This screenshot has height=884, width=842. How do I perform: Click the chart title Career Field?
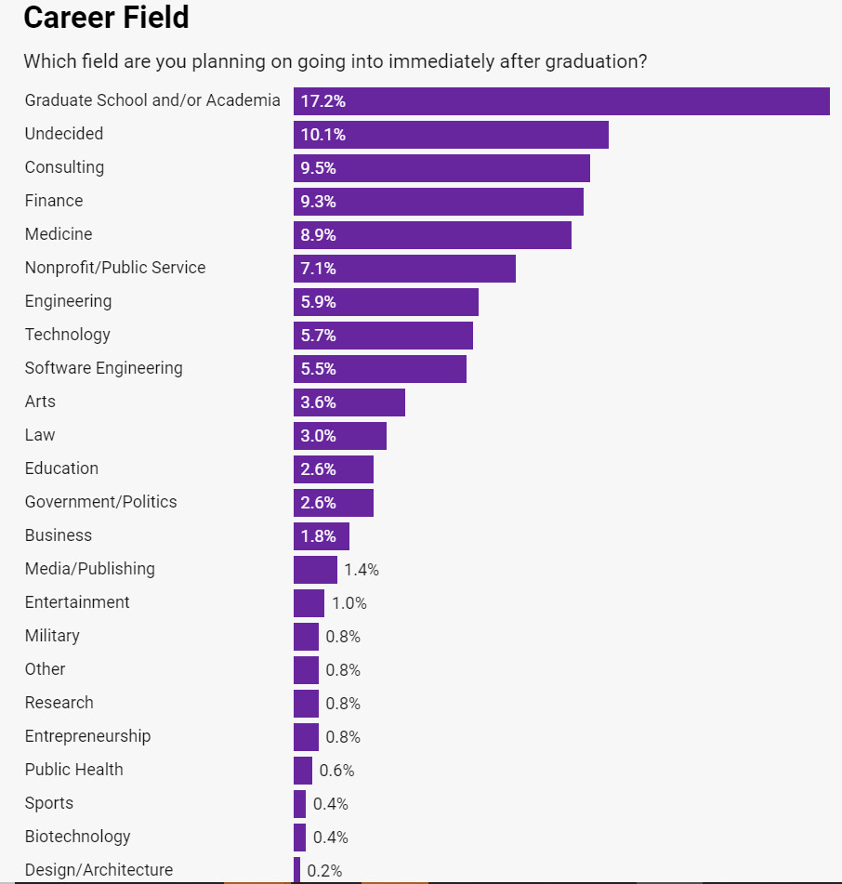pos(106,17)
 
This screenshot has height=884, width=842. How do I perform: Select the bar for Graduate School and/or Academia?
pos(561,101)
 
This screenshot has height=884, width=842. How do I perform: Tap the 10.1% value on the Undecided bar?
pos(322,135)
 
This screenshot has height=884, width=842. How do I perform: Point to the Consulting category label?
pos(64,167)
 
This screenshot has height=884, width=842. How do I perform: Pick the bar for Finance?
pos(439,202)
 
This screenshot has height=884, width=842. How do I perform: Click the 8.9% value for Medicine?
pos(318,235)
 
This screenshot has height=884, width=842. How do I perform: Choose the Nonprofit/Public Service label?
pos(115,268)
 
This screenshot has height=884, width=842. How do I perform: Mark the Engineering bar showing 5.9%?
pos(386,302)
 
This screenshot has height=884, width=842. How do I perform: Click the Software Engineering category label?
pos(104,368)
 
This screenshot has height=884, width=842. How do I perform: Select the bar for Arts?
pos(349,402)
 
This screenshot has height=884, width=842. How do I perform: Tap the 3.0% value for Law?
pos(318,436)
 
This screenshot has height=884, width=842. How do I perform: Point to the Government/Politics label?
pos(100,502)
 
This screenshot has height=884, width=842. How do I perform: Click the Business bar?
pos(322,536)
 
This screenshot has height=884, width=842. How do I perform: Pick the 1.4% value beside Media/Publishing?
pos(362,570)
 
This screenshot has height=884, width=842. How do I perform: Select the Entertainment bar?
pos(309,603)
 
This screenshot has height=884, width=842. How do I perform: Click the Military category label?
pos(52,636)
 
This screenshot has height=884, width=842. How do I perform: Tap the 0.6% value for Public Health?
pos(336,771)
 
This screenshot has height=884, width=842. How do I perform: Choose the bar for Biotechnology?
pos(299,838)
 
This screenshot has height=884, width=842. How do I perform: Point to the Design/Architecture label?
pos(99,870)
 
